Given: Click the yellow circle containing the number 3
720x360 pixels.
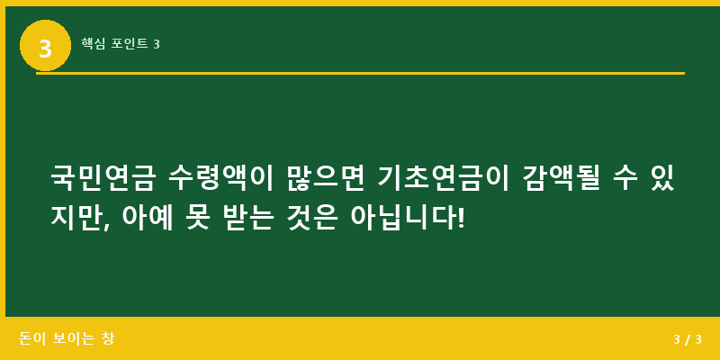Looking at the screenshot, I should point(45,45).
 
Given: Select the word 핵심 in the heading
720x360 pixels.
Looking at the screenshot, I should point(93,43).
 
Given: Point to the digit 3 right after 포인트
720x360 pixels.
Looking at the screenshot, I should point(157,43).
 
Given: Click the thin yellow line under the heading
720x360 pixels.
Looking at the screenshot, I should point(360,73).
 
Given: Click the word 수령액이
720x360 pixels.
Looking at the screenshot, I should point(220,178).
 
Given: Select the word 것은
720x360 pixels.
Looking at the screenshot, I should point(319,218).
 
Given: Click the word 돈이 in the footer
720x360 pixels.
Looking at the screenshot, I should point(32,338).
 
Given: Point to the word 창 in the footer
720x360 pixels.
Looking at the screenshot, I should point(109,338).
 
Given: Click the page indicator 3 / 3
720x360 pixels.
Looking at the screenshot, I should point(687,339).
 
